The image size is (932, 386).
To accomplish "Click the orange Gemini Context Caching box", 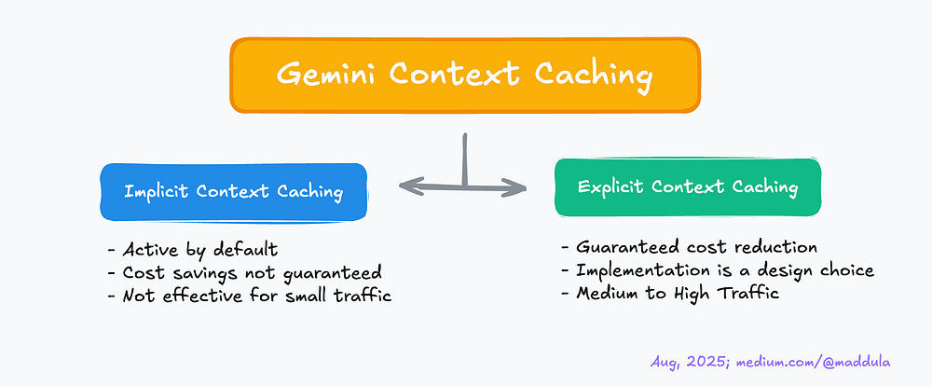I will click(464, 74).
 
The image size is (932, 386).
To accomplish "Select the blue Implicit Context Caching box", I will click(233, 192).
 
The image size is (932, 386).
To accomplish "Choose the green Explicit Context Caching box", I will click(687, 186).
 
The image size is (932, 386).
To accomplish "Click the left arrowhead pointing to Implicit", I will click(408, 186).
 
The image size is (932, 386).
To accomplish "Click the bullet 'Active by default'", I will click(200, 251).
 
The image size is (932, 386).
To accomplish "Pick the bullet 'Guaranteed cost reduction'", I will click(690, 247).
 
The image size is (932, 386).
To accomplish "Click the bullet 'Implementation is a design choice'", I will click(718, 270).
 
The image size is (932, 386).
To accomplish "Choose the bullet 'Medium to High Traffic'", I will click(671, 294).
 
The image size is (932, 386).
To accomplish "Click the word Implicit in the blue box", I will click(159, 192).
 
